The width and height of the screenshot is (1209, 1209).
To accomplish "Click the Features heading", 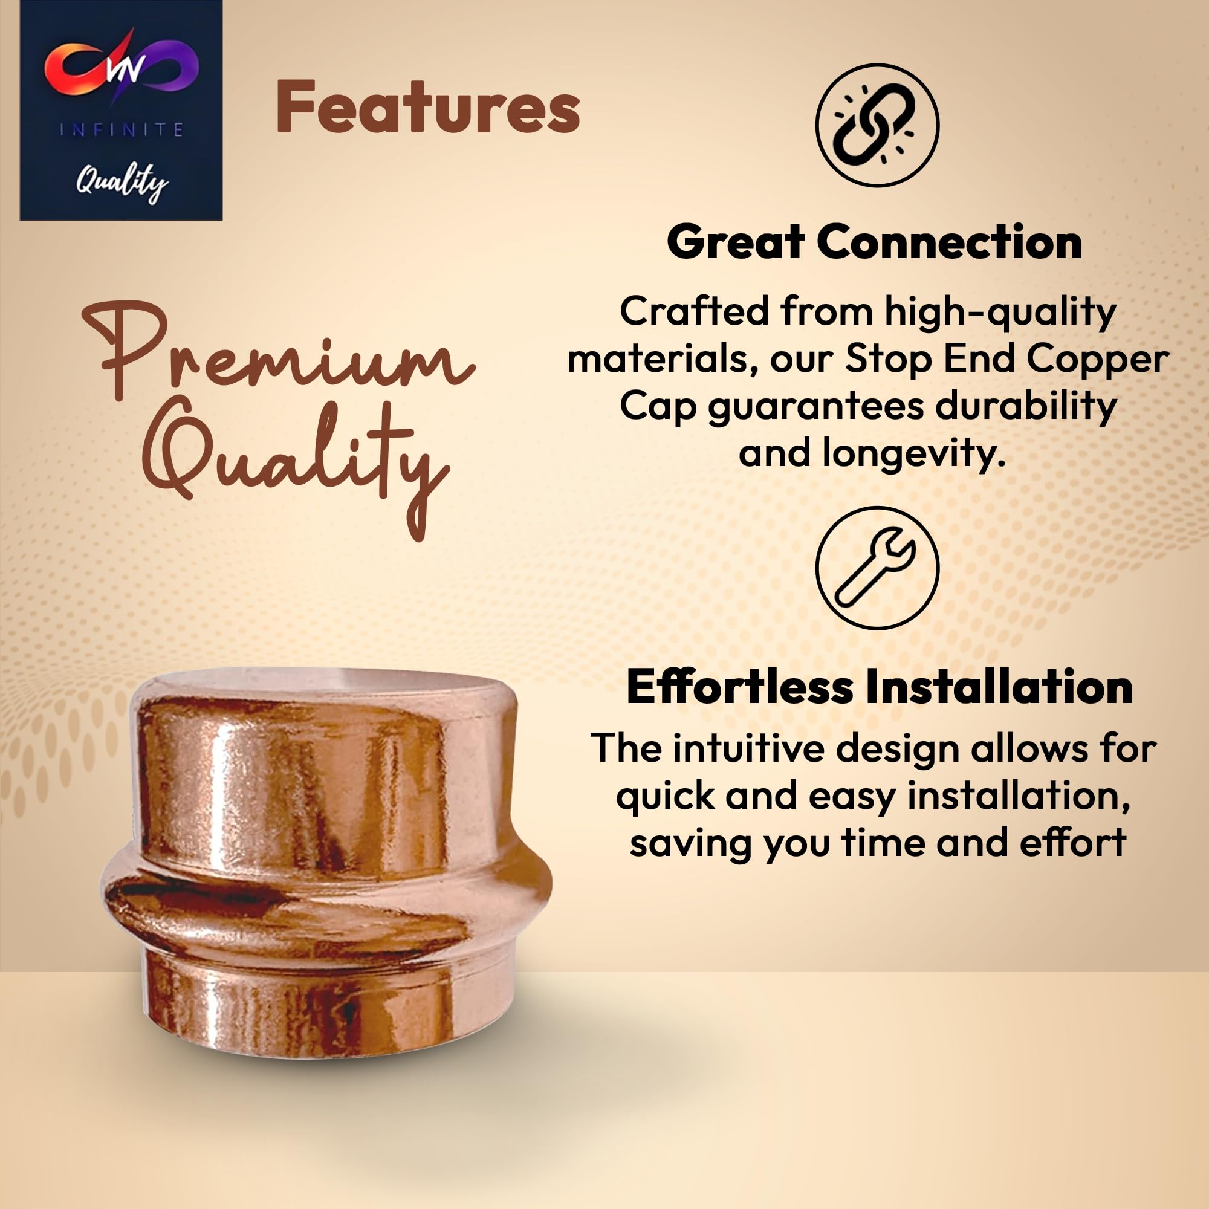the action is coord(428,107).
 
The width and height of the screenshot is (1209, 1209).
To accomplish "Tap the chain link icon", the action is coord(877,125).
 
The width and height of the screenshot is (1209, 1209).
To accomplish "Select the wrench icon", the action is coord(877,568).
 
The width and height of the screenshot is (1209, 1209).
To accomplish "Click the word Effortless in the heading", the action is coord(739,687).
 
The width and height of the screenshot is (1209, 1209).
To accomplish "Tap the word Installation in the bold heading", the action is coord(999,687).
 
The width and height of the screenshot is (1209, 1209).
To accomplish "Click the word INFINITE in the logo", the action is coord(122,129).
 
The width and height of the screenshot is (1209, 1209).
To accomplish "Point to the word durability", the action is coord(1026,406).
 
